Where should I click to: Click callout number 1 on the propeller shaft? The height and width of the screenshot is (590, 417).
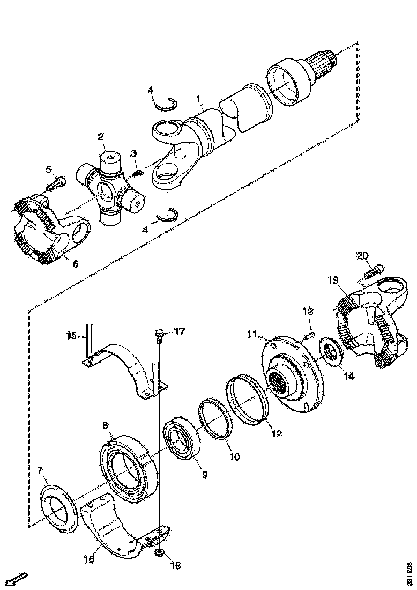pos(198,99)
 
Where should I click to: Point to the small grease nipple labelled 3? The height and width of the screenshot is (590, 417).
pos(138,173)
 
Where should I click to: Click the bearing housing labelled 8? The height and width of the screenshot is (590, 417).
pos(129,467)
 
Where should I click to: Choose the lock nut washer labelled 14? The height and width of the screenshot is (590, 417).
pos(332,353)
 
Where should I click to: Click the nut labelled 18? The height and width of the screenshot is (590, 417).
pos(160,552)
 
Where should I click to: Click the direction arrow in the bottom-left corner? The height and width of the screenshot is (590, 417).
pos(18,579)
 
